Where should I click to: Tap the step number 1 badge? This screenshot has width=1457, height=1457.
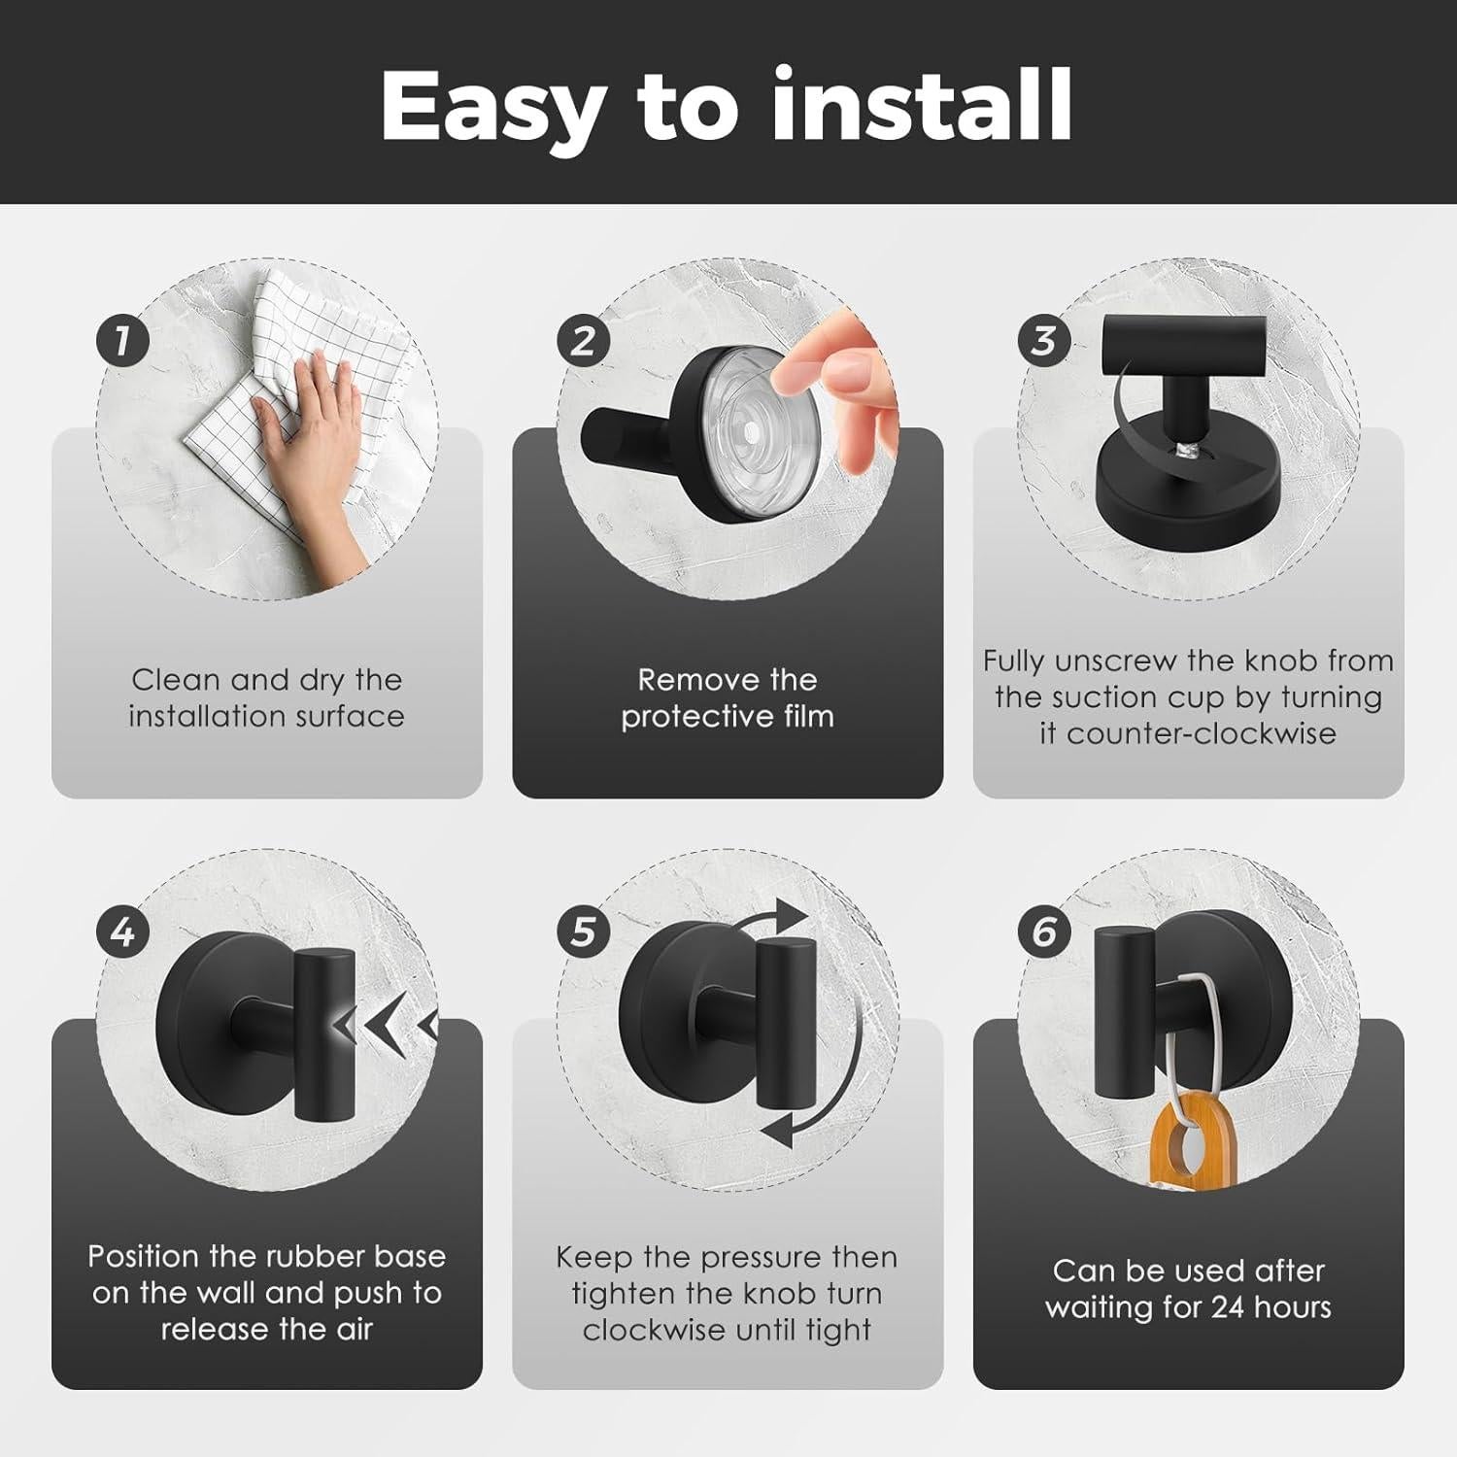point(122,341)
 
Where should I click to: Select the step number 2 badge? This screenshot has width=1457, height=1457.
point(583,341)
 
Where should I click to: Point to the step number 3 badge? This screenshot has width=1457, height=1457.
point(1044,341)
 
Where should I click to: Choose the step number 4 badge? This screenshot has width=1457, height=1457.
point(122,932)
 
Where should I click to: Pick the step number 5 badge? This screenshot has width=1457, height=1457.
point(583,932)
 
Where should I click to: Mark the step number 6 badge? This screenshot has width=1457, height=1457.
point(1044,932)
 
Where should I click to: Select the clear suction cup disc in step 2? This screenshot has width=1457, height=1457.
point(748,425)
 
